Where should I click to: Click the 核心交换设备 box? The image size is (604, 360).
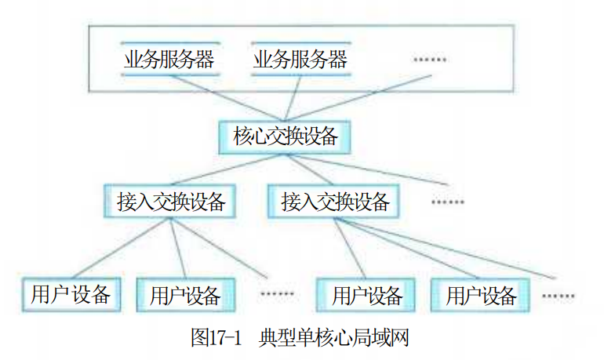pyautogui.click(x=285, y=137)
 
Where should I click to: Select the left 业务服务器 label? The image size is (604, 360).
pyautogui.click(x=169, y=60)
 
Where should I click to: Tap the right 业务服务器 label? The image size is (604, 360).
pyautogui.click(x=300, y=60)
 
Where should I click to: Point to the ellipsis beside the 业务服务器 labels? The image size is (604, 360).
pyautogui.click(x=430, y=60)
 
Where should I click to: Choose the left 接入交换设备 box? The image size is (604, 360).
pyautogui.click(x=170, y=202)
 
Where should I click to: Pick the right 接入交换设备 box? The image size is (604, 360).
pyautogui.click(x=333, y=202)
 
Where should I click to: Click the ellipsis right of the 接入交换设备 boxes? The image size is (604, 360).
pyautogui.click(x=448, y=202)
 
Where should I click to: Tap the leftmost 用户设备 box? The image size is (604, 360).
pyautogui.click(x=71, y=295)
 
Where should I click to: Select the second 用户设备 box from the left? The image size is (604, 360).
pyautogui.click(x=186, y=295)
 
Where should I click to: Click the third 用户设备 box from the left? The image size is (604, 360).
pyautogui.click(x=366, y=295)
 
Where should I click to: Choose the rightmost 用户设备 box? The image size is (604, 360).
pyautogui.click(x=480, y=295)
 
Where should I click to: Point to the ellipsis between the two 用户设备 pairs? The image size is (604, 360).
pyautogui.click(x=277, y=294)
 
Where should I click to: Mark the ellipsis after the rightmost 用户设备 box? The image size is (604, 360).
pyautogui.click(x=559, y=296)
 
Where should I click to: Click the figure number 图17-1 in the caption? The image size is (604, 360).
pyautogui.click(x=216, y=337)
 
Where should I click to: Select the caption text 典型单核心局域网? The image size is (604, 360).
pyautogui.click(x=333, y=337)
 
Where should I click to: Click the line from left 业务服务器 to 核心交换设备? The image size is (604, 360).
pyautogui.click(x=227, y=98)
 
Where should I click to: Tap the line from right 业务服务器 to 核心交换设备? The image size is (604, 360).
pyautogui.click(x=293, y=98)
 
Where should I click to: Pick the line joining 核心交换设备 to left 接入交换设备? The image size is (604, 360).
pyautogui.click(x=227, y=169)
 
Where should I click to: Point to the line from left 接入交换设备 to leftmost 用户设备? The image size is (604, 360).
pyautogui.click(x=122, y=248)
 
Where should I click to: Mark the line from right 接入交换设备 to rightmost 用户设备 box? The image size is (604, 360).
pyautogui.click(x=407, y=248)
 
